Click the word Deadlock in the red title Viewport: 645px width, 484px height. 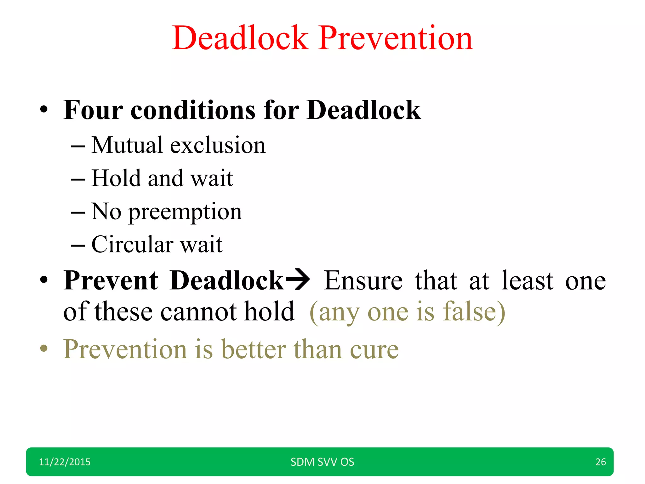click(x=240, y=38)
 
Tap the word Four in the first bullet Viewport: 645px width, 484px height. click(x=93, y=110)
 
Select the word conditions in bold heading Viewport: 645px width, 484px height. click(x=193, y=110)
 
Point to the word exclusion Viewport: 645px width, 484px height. click(x=218, y=145)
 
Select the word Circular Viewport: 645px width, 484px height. click(x=132, y=245)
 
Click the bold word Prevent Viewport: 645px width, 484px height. click(x=111, y=280)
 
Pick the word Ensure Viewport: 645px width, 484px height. click(x=363, y=280)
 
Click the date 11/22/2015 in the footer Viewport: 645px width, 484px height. click(x=65, y=462)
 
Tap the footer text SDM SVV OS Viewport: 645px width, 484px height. click(x=322, y=462)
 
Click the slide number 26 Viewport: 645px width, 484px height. click(x=601, y=462)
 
